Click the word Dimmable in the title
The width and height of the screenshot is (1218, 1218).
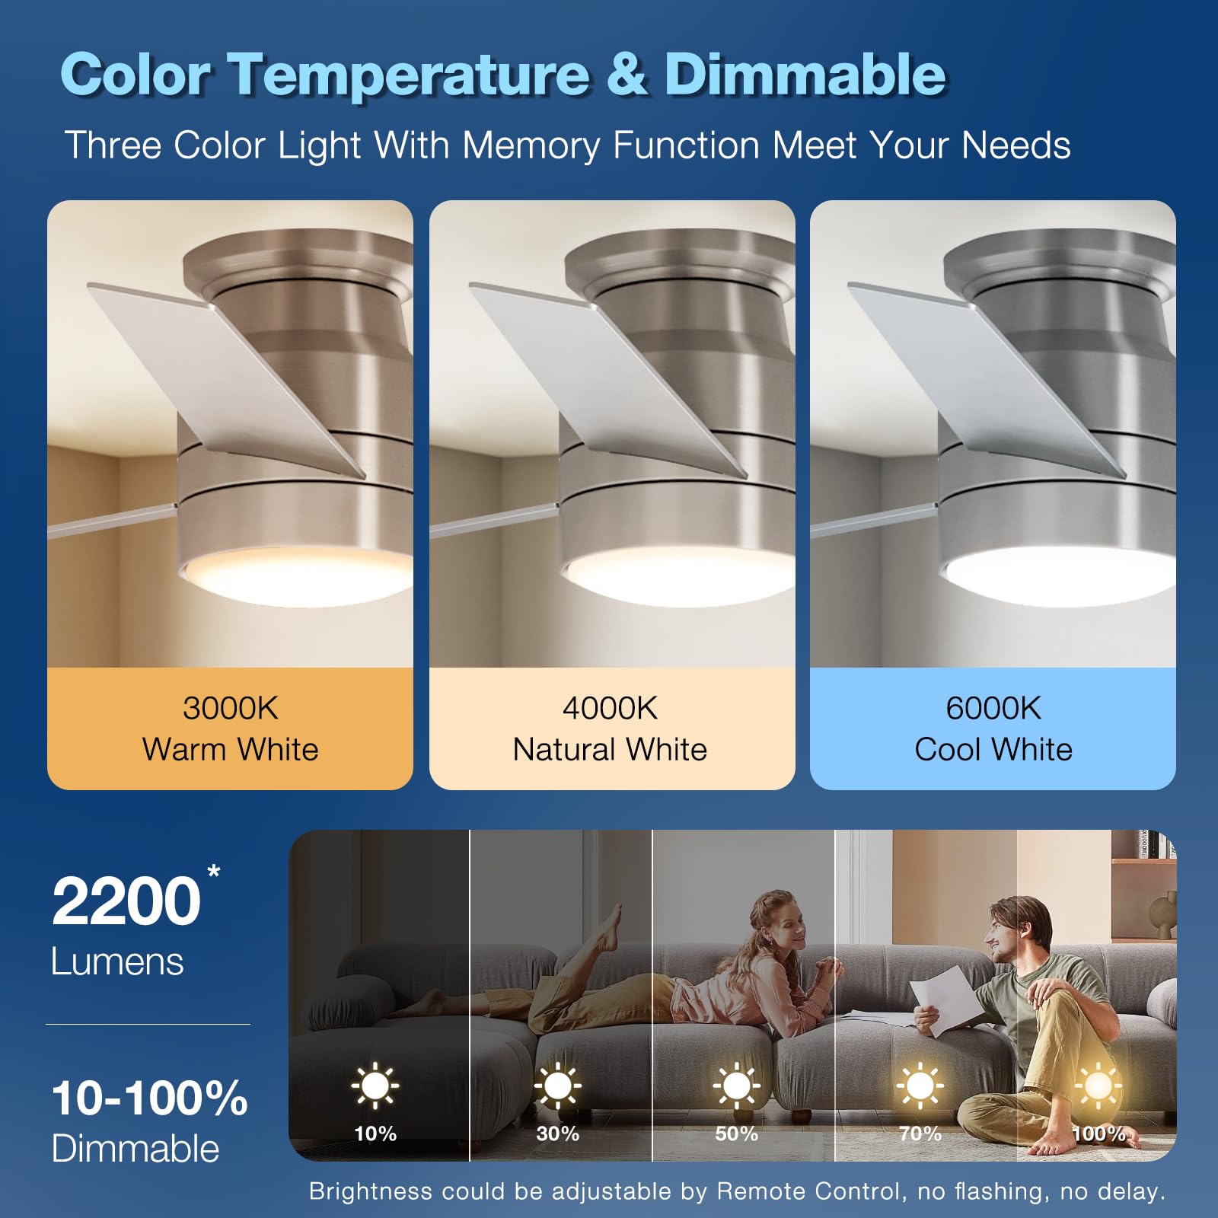[x=805, y=75]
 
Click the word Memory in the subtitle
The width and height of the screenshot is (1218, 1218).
[x=531, y=145]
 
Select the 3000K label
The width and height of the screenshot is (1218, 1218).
[x=230, y=708]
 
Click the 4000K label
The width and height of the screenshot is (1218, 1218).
[x=610, y=708]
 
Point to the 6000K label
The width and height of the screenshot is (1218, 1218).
[x=993, y=708]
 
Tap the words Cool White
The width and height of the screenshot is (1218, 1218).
[x=993, y=750]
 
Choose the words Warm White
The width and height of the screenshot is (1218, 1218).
[x=230, y=750]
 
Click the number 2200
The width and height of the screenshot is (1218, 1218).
[x=126, y=901]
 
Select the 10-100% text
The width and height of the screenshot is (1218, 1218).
[x=149, y=1098]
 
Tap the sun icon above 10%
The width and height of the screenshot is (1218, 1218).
[x=375, y=1085]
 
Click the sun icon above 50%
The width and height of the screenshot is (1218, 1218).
[x=736, y=1085]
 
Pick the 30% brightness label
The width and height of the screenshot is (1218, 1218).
[x=557, y=1134]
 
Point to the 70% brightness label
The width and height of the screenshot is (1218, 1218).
[x=920, y=1134]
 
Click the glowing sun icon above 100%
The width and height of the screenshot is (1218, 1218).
[x=1098, y=1085]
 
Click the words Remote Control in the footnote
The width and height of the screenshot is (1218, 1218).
[x=808, y=1191]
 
